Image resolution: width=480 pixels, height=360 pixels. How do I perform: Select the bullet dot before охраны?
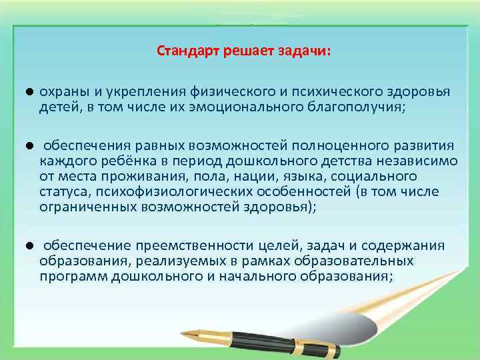pyautogui.click(x=31, y=91)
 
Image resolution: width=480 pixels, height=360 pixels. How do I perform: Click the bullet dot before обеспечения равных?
pyautogui.click(x=31, y=145)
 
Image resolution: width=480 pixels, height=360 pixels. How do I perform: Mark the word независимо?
pyautogui.click(x=407, y=161)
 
